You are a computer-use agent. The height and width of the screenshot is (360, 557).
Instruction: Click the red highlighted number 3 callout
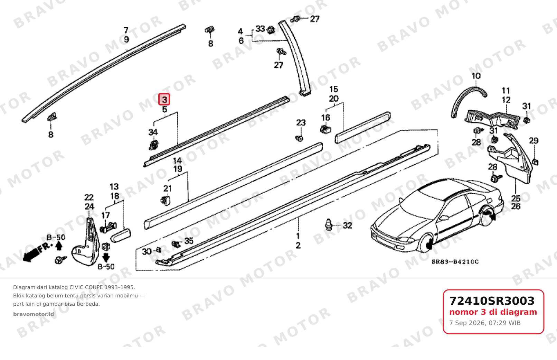point(164,99)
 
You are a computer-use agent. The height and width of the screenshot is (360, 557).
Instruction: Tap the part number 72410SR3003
point(492,301)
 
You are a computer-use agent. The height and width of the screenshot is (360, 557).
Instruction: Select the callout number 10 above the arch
point(476,76)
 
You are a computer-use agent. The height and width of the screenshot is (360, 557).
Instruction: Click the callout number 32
point(347,225)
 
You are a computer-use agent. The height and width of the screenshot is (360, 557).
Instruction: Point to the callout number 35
point(189,241)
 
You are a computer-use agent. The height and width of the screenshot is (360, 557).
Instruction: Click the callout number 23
point(301,122)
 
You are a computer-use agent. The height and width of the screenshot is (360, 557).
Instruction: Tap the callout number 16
point(325,118)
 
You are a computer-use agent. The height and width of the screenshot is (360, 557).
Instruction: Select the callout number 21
point(167,188)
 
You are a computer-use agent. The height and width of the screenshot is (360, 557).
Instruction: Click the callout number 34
point(153,132)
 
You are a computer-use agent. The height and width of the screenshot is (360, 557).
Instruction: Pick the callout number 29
point(534,140)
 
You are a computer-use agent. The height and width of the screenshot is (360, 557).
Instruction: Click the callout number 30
point(147,251)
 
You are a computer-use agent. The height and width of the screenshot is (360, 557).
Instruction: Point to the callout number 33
point(260,29)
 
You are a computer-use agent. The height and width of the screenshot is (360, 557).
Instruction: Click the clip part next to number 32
point(329,225)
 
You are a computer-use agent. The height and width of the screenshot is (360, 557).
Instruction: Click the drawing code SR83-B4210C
point(455,262)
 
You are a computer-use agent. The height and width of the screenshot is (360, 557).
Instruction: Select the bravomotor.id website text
point(34,314)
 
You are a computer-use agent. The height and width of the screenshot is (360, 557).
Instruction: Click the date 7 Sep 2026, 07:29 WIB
point(485,323)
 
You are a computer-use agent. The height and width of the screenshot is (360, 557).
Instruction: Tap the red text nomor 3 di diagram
point(493,312)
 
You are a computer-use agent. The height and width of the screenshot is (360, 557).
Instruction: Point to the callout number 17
point(105,215)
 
